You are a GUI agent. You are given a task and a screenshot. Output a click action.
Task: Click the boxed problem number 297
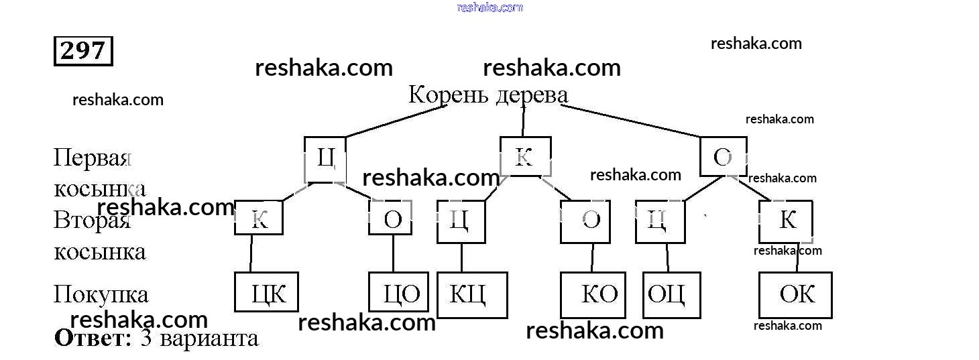(x=83, y=51)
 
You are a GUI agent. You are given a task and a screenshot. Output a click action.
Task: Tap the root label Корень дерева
(x=488, y=95)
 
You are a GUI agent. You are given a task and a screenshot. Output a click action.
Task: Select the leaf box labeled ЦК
(x=266, y=293)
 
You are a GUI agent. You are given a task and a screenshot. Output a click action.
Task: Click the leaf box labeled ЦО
(x=399, y=293)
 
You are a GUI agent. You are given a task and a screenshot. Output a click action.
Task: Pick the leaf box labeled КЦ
(x=472, y=294)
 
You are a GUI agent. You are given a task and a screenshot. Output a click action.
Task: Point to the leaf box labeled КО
(x=593, y=294)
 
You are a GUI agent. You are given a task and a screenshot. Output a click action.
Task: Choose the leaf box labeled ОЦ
(x=671, y=294)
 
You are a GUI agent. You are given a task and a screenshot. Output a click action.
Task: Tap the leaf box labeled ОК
(x=795, y=294)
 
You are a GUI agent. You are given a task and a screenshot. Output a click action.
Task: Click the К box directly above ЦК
(x=258, y=218)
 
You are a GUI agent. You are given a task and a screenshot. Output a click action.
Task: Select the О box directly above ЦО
(x=390, y=218)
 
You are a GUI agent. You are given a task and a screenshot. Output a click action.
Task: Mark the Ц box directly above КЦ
(x=461, y=221)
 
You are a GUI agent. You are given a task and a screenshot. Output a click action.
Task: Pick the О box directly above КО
(x=585, y=221)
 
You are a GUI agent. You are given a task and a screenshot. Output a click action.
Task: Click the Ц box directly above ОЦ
(x=660, y=221)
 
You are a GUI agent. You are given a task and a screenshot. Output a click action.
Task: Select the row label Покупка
(x=101, y=294)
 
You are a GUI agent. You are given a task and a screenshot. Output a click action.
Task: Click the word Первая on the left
(x=91, y=158)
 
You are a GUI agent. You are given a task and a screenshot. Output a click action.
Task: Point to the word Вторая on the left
(x=91, y=221)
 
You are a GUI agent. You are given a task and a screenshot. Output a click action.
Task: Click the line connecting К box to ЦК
(x=251, y=253)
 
